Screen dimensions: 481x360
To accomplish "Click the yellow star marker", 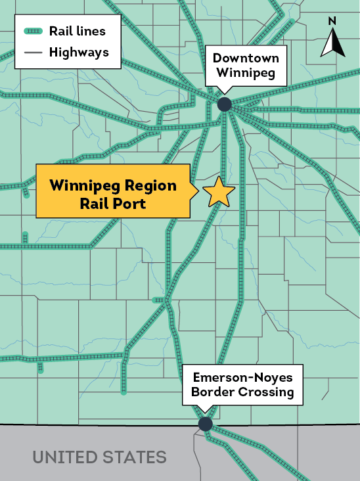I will click(x=219, y=192).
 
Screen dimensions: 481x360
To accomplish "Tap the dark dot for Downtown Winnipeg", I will click(x=225, y=104).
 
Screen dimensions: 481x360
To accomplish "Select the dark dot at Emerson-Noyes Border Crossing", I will click(x=205, y=424).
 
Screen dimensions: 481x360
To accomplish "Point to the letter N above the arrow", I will click(x=332, y=21).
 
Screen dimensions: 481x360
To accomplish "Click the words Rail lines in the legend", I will click(x=77, y=31).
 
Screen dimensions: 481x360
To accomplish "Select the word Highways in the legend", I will click(x=79, y=52).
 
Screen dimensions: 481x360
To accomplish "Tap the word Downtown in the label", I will click(x=246, y=58).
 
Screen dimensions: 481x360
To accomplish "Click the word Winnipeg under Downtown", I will click(x=246, y=73).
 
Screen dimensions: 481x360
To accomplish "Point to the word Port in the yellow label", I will click(x=129, y=203).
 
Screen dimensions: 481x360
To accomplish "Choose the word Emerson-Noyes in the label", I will click(x=242, y=378).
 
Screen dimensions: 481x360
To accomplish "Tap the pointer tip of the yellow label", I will click(x=198, y=192).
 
